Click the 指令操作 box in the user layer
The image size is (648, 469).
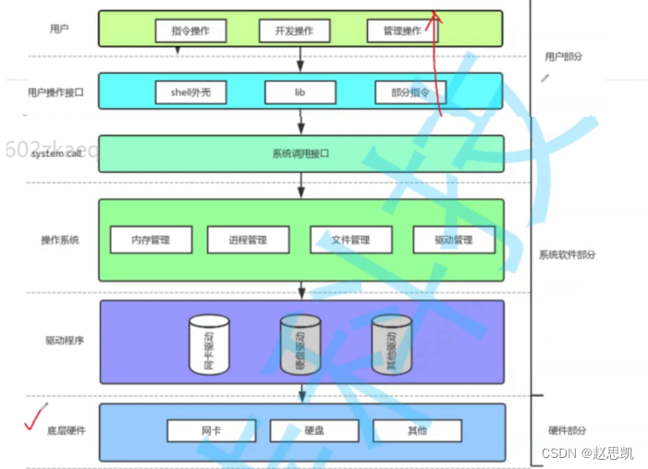tap(190, 31)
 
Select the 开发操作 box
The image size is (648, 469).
tap(293, 31)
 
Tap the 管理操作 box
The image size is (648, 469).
tap(401, 31)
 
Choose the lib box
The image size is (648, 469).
tap(300, 93)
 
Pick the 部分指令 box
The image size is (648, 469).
tap(410, 93)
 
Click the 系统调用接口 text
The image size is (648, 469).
tap(300, 154)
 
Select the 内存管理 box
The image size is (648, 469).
tap(151, 240)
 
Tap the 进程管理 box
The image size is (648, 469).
tap(248, 240)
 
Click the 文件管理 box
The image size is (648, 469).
tap(350, 240)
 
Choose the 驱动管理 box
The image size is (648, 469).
tap(453, 240)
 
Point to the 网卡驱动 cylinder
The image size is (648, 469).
tap(209, 345)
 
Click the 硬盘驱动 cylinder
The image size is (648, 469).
tap(300, 345)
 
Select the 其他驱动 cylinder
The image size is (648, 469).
tap(392, 345)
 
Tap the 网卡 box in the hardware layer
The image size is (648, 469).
tap(210, 430)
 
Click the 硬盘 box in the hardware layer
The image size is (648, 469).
tap(312, 430)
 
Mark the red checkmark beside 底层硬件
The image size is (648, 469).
tap(35, 418)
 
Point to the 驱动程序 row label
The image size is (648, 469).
tap(65, 340)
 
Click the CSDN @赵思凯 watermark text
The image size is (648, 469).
tap(587, 452)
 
